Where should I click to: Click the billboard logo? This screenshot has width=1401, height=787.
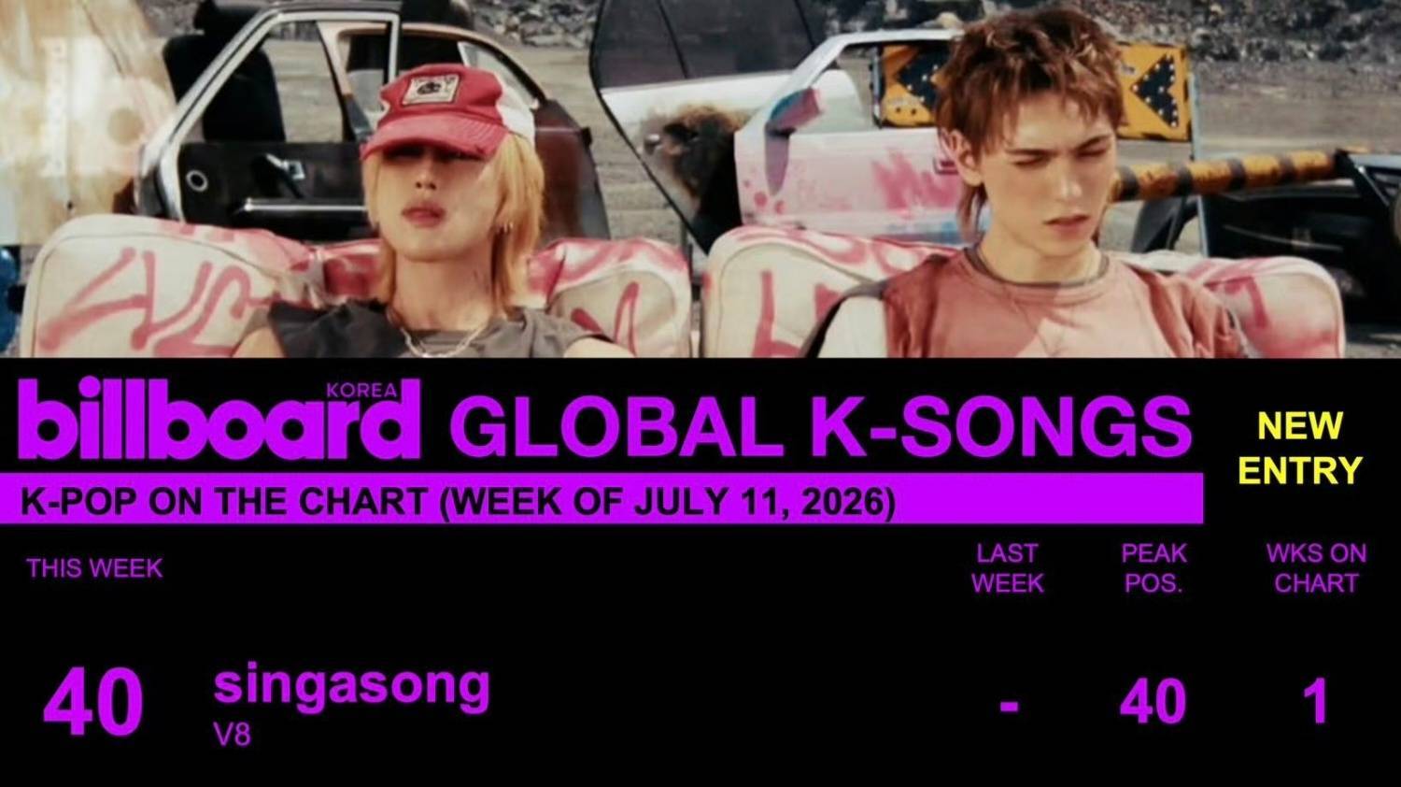click(219, 418)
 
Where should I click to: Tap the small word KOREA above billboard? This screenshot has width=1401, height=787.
click(362, 391)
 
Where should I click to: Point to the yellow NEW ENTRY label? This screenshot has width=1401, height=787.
click(1300, 448)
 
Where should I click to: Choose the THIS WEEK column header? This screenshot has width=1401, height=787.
click(94, 568)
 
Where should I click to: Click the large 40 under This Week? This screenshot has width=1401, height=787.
click(92, 702)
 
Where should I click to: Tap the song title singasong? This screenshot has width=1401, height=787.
click(351, 687)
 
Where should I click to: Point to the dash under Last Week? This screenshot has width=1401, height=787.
click(1009, 707)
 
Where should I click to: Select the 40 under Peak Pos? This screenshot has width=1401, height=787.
click(1153, 702)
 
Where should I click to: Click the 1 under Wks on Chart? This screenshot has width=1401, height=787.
click(1319, 702)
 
